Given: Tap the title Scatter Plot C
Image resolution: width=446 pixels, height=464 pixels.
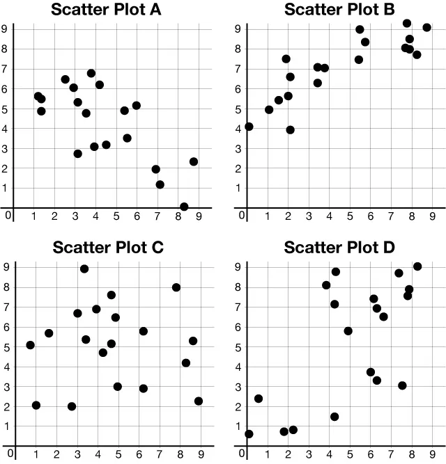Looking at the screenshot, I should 107,247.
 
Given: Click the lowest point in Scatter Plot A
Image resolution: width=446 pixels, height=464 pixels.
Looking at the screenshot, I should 184,207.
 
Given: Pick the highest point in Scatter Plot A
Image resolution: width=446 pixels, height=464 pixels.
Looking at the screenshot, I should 91,73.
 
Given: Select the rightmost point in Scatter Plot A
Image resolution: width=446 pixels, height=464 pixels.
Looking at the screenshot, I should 194,161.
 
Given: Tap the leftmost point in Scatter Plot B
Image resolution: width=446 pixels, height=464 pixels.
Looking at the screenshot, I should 249,127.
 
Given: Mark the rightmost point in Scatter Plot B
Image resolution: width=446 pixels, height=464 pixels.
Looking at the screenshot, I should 426,28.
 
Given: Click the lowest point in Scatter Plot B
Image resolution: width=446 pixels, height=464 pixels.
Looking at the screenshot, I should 290,130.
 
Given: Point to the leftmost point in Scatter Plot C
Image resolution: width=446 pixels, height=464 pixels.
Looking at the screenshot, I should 30,345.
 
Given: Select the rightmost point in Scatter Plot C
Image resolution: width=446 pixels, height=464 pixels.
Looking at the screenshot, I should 199,401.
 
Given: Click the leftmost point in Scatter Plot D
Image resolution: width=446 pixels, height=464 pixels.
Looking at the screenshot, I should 249,434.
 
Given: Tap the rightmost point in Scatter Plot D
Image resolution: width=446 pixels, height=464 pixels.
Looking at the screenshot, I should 417,266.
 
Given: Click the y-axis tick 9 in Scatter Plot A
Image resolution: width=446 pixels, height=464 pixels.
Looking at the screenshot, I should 4,29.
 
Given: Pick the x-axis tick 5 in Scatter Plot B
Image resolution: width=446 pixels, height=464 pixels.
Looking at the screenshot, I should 350,216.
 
